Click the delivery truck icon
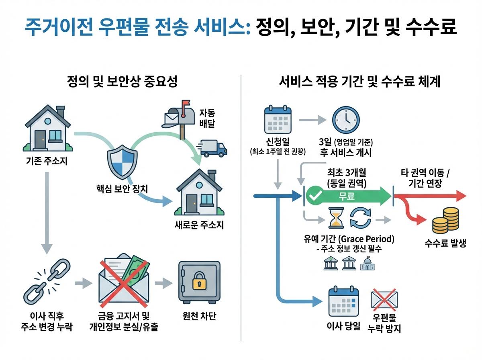pyautogui.click(x=213, y=148)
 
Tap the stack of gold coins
pyautogui.click(x=445, y=221)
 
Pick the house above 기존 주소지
pyautogui.click(x=47, y=128)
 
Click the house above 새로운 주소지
pyautogui.click(x=199, y=192)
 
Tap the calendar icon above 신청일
pyautogui.click(x=278, y=120)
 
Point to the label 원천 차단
pyautogui.click(x=199, y=316)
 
